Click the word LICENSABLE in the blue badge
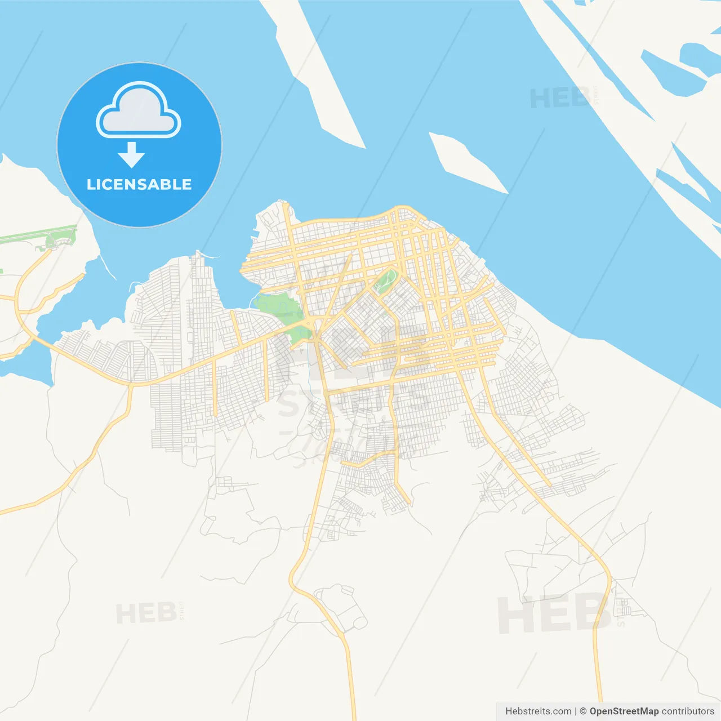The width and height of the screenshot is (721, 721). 139,185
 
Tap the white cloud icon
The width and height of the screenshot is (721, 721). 139,110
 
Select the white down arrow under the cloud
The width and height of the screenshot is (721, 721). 132,155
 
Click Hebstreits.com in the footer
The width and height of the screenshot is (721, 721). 538,711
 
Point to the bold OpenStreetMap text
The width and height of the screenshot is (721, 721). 624,711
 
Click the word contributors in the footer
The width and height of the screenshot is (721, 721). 688,711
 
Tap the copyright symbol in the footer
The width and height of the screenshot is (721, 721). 583,711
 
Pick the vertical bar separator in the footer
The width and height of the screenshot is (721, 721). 576,711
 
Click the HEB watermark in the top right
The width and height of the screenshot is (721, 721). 560,99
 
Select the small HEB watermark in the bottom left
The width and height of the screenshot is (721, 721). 146,613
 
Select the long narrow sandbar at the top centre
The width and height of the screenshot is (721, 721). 316,73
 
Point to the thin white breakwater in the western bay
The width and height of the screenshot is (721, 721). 108,267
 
